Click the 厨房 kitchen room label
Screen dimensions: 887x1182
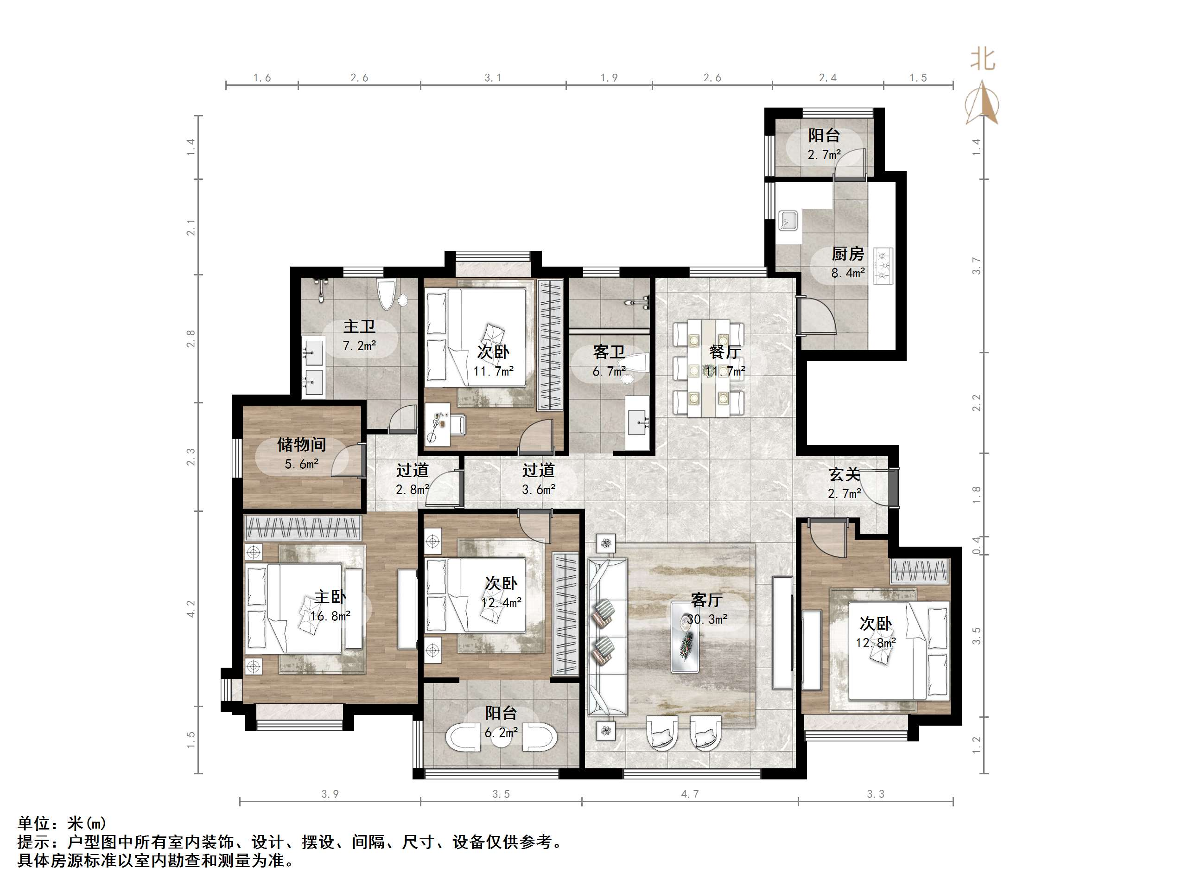coord(847,254)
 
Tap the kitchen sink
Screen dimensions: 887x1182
coord(788,220)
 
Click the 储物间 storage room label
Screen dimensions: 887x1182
coord(301,444)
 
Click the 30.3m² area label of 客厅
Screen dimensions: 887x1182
coord(707,619)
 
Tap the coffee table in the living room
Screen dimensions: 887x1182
coord(685,637)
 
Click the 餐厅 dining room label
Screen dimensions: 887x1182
coord(724,351)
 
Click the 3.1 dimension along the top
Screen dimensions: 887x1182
coord(493,78)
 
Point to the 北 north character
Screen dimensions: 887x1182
coord(983,59)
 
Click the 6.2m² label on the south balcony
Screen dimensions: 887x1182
coord(501,732)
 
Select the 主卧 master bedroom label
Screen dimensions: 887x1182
coord(330,597)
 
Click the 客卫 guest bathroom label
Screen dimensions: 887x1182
coord(609,352)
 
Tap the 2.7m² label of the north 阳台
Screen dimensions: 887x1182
coord(824,155)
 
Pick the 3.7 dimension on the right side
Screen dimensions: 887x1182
coord(976,266)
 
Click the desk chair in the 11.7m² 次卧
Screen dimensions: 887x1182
coord(458,424)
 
